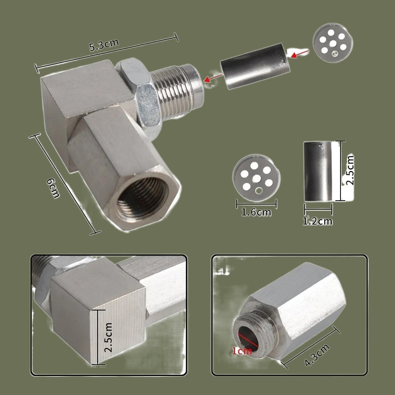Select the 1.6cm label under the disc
click(x=256, y=213)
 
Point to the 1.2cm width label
click(x=318, y=221)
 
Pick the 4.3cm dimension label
click(x=317, y=355)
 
